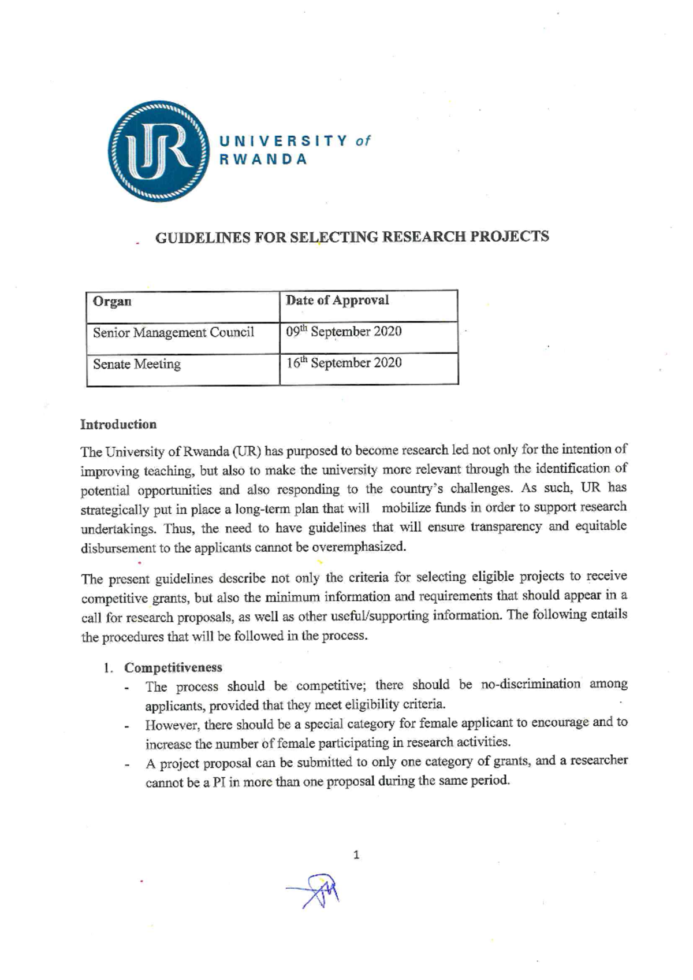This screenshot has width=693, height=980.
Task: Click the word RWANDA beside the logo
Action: [263, 160]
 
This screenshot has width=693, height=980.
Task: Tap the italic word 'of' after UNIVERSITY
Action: [363, 141]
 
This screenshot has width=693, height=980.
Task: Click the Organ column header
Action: [112, 302]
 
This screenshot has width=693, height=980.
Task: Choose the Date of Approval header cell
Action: [338, 300]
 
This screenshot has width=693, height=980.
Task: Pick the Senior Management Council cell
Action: [173, 333]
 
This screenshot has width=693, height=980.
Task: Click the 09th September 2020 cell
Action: [344, 332]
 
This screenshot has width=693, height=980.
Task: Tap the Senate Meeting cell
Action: [137, 365]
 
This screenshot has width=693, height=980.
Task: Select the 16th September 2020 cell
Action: [344, 363]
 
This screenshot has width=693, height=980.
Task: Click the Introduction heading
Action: [118, 425]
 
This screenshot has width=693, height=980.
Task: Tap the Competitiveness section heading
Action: [173, 668]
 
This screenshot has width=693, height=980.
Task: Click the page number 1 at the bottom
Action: [356, 855]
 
